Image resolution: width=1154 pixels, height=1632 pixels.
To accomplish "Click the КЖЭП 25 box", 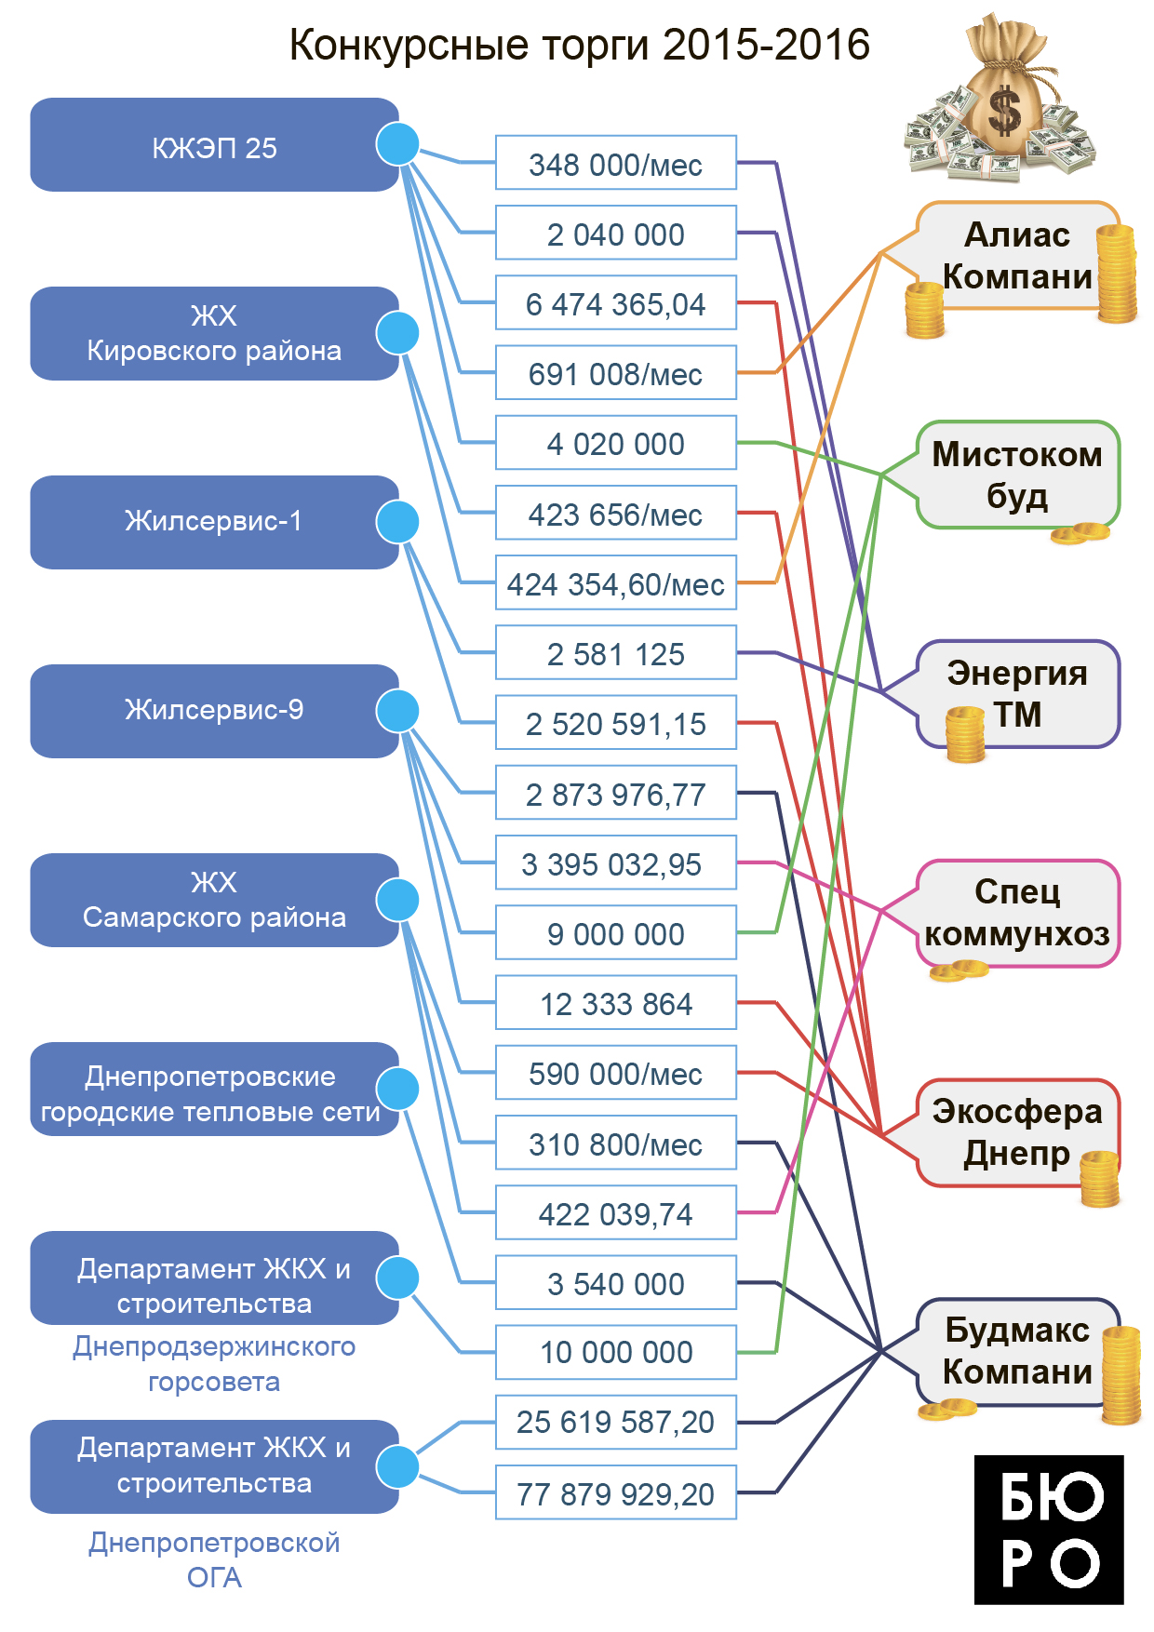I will click(214, 145).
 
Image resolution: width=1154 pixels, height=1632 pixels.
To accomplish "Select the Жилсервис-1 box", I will click(214, 522).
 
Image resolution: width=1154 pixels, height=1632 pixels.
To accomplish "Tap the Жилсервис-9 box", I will click(214, 711).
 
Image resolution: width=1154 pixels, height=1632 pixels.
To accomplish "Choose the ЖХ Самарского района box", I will click(214, 900).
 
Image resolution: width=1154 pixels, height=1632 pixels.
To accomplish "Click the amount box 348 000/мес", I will click(615, 163).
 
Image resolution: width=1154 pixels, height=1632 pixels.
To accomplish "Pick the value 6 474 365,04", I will click(615, 303).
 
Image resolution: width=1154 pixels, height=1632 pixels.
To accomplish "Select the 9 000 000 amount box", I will click(615, 933).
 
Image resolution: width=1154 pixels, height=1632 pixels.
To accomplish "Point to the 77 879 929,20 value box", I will click(615, 1492).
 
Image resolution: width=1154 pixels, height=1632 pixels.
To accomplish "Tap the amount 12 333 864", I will click(615, 1003).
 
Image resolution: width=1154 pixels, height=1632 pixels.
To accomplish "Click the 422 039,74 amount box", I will click(615, 1213).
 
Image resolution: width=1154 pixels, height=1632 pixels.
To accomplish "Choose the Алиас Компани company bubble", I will click(1016, 256).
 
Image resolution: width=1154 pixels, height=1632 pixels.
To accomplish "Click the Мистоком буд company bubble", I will click(1017, 475).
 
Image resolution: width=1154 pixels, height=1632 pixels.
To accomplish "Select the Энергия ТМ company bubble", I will click(1017, 694).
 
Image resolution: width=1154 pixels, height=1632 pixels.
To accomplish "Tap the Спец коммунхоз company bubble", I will click(1017, 913).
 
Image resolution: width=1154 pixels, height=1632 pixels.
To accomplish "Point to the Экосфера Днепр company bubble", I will click(1017, 1132).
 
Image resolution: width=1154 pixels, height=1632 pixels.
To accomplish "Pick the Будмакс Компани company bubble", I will click(1017, 1351).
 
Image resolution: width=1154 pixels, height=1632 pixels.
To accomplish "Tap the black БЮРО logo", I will click(1049, 1530).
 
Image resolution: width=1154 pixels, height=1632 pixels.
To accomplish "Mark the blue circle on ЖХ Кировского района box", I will click(397, 333).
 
